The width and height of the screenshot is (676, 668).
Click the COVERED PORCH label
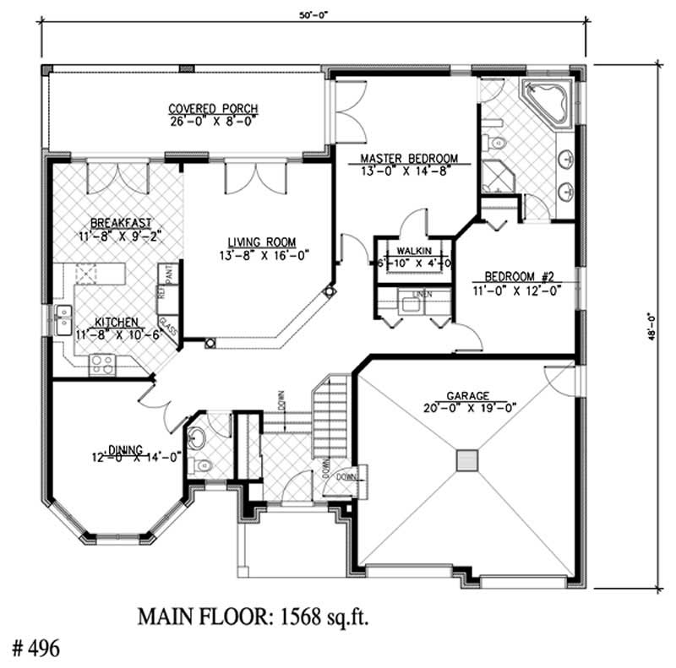213,109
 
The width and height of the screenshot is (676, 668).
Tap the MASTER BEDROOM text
409,159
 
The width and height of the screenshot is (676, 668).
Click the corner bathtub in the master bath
548,105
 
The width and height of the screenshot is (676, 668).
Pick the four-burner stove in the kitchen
102,363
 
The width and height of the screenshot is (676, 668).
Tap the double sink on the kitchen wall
63,318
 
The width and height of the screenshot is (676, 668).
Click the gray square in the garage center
467,459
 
